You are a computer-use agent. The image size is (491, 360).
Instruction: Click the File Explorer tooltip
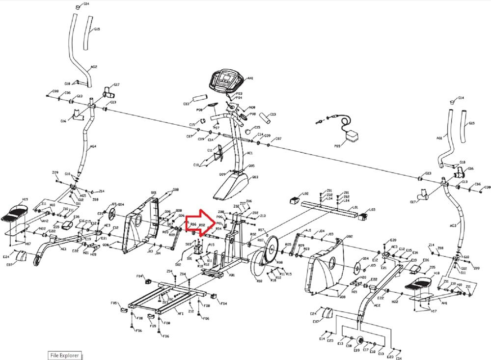pos(64,355)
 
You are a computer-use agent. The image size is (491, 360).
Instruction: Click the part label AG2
pos(94,67)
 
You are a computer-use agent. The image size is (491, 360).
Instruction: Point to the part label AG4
pos(93,146)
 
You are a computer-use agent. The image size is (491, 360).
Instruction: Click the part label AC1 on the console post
pos(250,153)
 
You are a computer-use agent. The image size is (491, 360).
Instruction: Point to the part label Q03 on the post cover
pos(255,177)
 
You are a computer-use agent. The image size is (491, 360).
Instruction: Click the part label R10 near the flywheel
pos(260,281)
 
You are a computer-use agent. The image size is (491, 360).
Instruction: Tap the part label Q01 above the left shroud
pos(154,193)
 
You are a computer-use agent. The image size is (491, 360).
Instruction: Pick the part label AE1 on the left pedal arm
pos(63,249)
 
